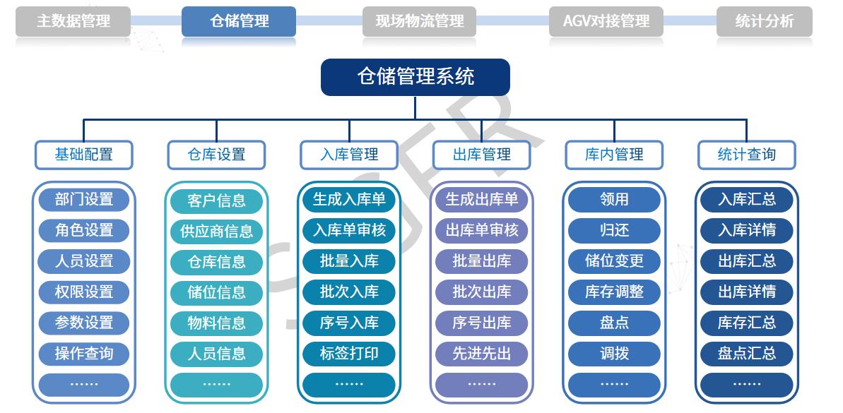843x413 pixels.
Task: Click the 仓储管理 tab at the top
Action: click(x=239, y=21)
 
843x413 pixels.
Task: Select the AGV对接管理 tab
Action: click(x=606, y=21)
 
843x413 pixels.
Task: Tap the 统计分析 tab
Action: click(x=764, y=21)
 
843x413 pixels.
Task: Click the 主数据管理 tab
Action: click(x=73, y=21)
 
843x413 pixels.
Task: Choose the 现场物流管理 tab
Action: click(x=419, y=21)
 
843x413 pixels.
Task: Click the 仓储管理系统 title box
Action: click(x=415, y=78)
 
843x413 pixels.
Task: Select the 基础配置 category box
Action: click(x=84, y=155)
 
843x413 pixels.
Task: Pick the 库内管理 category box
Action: click(x=614, y=155)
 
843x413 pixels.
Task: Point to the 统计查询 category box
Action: click(x=747, y=155)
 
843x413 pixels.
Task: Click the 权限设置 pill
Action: click(x=84, y=292)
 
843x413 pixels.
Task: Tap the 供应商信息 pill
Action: click(x=217, y=232)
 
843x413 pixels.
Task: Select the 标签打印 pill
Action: click(x=349, y=354)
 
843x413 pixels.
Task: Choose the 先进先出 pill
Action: click(x=482, y=354)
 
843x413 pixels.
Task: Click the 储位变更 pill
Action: click(x=614, y=261)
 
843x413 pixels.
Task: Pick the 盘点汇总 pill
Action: click(x=747, y=354)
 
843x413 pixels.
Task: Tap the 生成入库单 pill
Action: click(x=349, y=200)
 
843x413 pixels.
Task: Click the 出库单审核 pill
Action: click(x=482, y=230)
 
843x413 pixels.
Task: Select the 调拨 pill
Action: click(x=614, y=354)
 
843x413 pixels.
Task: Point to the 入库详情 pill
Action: click(x=747, y=230)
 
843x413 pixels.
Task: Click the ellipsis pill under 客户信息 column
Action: click(x=217, y=385)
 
